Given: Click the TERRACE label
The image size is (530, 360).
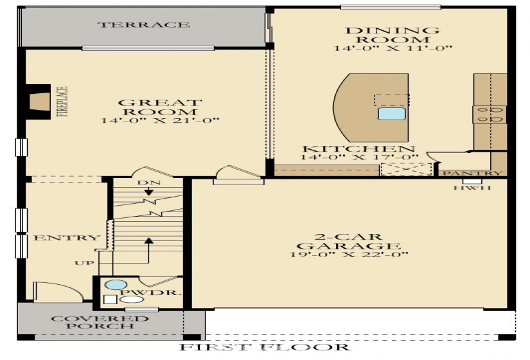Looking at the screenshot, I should coord(143,25).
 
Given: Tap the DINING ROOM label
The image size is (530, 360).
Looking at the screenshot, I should coord(393,35).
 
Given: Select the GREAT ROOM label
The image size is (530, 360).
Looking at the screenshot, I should coord(161,107).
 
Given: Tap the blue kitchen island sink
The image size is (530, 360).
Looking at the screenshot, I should coord(391,114).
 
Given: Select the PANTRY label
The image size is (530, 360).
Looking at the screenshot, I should coord(481,173).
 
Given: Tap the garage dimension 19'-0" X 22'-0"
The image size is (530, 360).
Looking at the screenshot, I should coord(349,255).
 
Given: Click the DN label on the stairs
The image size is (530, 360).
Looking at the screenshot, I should coord(145,183).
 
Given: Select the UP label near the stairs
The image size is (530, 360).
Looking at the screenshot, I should coord(83,263).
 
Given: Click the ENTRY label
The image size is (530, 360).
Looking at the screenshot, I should coord(58,238).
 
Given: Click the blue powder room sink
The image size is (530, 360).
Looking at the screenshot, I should coord(115,285).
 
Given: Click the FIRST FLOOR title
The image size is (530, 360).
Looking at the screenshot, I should coord(265,348).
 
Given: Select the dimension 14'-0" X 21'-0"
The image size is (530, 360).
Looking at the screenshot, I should coord(161,120).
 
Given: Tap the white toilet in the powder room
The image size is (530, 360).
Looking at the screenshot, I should coord(132,300).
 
